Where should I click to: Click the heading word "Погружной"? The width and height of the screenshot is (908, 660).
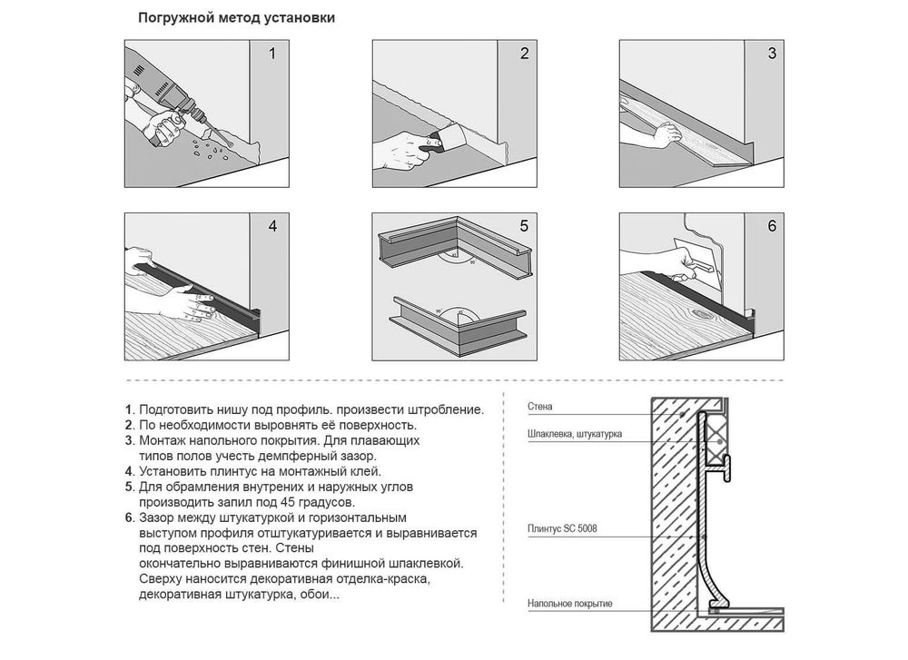point(176,18)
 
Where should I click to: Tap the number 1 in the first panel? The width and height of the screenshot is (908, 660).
point(272,54)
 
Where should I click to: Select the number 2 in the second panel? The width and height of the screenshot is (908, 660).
point(525,54)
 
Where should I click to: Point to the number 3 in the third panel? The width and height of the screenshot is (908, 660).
point(772,54)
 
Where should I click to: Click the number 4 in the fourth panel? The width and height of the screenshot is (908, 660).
point(272,226)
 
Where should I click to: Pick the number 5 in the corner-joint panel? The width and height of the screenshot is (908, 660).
point(524,226)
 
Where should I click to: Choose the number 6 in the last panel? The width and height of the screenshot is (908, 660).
point(772,226)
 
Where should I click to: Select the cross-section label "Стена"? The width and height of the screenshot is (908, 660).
point(539,407)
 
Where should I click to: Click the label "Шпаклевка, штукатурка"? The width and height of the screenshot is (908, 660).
point(575,434)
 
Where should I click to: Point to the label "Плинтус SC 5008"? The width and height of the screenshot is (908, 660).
point(562,528)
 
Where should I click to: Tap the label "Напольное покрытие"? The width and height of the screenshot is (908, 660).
point(570,604)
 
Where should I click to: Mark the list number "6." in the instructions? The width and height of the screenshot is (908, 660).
point(130,517)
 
